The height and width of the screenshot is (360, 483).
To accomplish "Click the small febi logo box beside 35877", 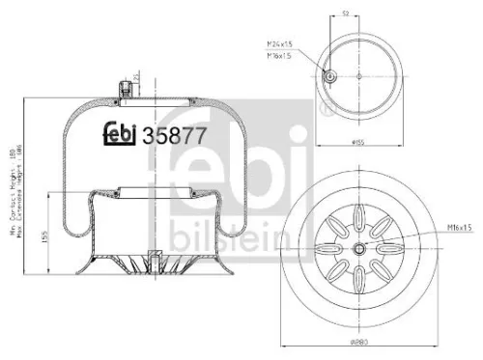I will (122, 136).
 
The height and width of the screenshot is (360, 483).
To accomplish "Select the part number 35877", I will (174, 136).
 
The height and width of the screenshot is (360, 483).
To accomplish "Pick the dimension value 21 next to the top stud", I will (138, 76).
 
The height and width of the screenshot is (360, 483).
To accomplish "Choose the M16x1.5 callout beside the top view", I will (280, 55).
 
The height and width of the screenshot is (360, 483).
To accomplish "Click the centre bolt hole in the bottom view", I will (359, 248).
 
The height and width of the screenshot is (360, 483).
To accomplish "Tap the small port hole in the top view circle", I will (329, 77).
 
